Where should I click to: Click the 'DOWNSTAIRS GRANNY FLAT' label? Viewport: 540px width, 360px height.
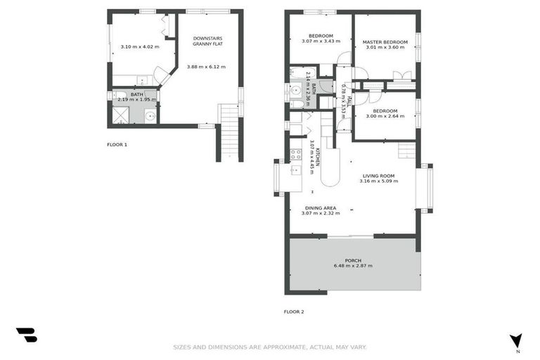(x=208, y=41)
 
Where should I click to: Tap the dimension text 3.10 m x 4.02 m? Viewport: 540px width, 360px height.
(x=139, y=47)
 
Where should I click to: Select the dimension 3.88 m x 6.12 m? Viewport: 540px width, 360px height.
(x=206, y=67)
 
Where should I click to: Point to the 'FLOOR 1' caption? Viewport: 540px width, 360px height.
(x=117, y=145)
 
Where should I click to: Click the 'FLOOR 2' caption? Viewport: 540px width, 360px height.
(x=294, y=311)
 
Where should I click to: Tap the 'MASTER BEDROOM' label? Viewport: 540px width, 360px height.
(x=385, y=42)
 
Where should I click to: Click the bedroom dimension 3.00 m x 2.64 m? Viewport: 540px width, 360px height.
(x=385, y=117)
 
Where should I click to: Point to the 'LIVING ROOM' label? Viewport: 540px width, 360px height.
(x=378, y=176)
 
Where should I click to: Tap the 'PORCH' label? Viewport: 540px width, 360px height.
(x=353, y=260)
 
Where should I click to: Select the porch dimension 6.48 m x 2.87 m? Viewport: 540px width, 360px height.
(x=353, y=266)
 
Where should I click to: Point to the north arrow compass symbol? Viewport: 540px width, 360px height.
(x=516, y=341)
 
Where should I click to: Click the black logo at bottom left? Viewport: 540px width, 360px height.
(x=26, y=335)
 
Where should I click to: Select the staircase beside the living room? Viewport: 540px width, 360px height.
(x=406, y=150)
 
